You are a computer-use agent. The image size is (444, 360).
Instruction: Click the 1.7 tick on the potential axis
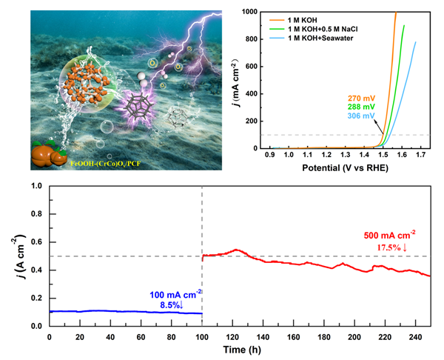click(419, 156)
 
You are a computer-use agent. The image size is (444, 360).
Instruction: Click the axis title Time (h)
click(239, 348)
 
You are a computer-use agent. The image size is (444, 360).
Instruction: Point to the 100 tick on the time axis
click(201, 337)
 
